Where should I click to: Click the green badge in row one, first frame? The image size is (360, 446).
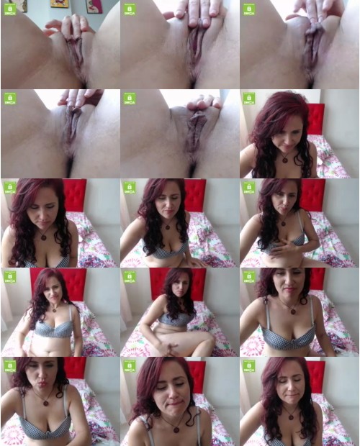9,9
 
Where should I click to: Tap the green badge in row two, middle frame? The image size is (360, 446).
129,99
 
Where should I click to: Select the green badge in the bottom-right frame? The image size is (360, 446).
248,366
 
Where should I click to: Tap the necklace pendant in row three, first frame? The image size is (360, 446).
43,236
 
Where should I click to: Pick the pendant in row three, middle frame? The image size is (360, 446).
167,227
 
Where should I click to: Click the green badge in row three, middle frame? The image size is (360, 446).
129,188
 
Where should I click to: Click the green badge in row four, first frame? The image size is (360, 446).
9,277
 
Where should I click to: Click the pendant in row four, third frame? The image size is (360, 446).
292,310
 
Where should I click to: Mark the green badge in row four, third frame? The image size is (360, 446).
248,277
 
